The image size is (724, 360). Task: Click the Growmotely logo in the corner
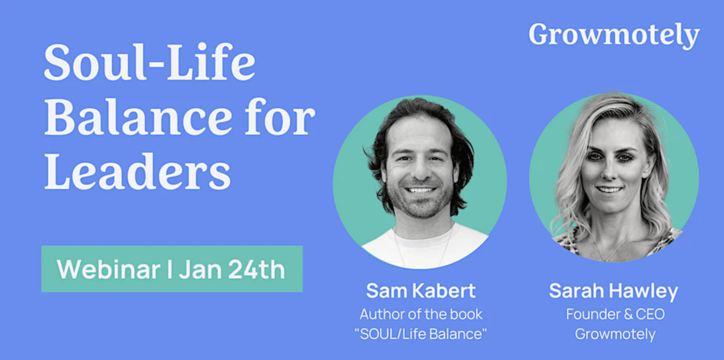click(x=614, y=35)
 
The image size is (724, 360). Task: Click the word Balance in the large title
click(x=139, y=116)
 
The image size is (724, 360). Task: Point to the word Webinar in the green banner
click(x=109, y=269)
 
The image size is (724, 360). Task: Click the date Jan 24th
click(x=232, y=269)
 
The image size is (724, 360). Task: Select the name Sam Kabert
click(x=421, y=290)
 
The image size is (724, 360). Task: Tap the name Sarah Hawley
click(x=613, y=291)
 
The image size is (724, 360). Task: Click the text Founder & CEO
click(x=615, y=314)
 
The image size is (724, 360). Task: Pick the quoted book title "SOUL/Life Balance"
click(x=421, y=334)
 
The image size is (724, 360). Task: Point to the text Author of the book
click(x=421, y=314)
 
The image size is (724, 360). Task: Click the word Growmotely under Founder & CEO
click(x=615, y=334)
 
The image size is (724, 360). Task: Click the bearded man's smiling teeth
click(x=420, y=190)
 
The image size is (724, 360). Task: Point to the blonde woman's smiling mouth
click(x=609, y=190)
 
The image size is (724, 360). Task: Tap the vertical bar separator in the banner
click(x=170, y=269)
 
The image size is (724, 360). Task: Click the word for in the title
click(x=280, y=116)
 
